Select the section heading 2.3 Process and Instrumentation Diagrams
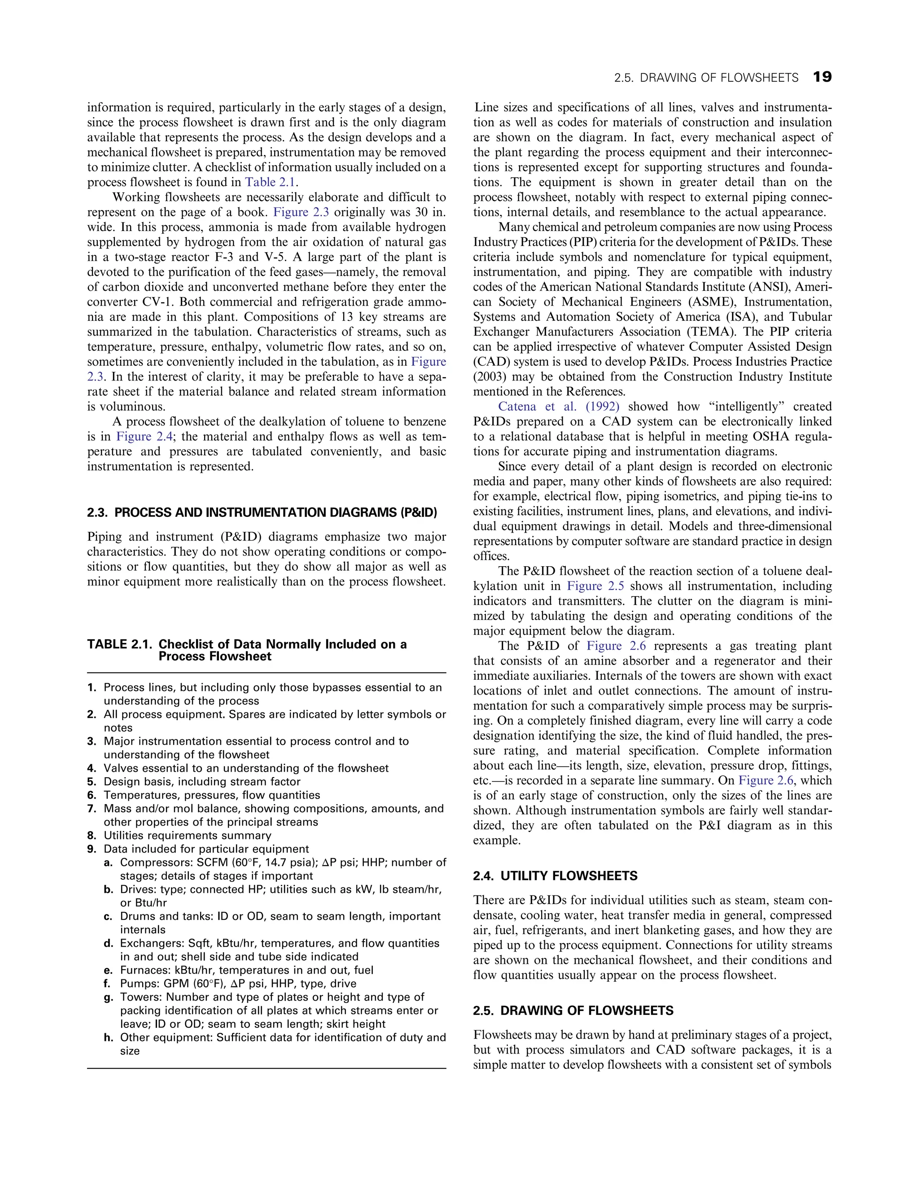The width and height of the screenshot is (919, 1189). coord(262,512)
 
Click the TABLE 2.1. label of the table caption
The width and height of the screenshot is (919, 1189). coord(119,645)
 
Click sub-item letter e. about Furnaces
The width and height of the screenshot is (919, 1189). coord(107,970)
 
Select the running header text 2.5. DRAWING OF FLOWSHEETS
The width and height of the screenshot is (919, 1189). coord(705,78)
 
